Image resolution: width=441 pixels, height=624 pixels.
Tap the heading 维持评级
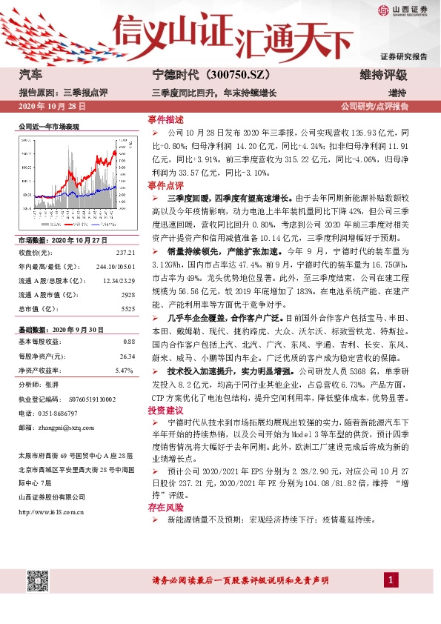click(x=383, y=76)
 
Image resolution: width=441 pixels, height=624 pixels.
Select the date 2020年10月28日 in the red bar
click(x=51, y=107)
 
